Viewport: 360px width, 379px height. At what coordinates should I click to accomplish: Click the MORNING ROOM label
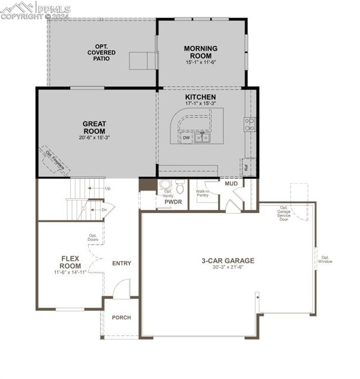[x=200, y=52]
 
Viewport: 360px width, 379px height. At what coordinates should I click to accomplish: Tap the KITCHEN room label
[x=200, y=97]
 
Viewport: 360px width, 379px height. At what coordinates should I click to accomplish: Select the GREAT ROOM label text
[x=94, y=127]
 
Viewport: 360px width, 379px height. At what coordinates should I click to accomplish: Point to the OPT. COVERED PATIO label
[x=102, y=52]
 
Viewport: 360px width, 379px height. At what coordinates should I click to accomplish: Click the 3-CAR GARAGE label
[x=228, y=261]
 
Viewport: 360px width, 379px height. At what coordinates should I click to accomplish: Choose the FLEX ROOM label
[x=71, y=262]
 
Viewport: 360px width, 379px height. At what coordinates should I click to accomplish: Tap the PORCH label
[x=121, y=317]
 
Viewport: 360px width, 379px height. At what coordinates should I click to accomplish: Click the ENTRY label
[x=121, y=263]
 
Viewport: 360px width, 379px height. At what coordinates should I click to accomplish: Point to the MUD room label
[x=231, y=184]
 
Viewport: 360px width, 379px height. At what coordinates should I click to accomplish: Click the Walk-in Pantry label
[x=203, y=193]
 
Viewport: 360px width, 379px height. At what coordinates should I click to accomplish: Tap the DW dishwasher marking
[x=186, y=138]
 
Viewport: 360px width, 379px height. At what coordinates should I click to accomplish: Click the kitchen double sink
[x=201, y=138]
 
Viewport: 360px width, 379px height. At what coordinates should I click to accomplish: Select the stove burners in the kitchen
[x=249, y=124]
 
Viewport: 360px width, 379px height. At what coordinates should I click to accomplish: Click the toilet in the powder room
[x=180, y=187]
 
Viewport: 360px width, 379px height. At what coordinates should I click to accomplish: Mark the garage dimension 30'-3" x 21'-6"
[x=228, y=267]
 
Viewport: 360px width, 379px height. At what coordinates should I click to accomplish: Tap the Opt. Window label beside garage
[x=325, y=259]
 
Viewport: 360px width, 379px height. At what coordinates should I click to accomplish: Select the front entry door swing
[x=121, y=289]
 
